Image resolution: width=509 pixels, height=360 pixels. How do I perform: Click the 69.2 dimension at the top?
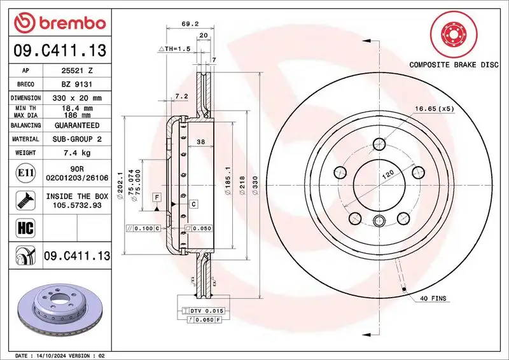(188, 24)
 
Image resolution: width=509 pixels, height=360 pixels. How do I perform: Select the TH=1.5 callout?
(174, 48)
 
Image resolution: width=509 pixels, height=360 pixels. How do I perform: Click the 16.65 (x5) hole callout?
(436, 109)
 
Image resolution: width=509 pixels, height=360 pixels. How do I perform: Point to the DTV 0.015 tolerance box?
(207, 310)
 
